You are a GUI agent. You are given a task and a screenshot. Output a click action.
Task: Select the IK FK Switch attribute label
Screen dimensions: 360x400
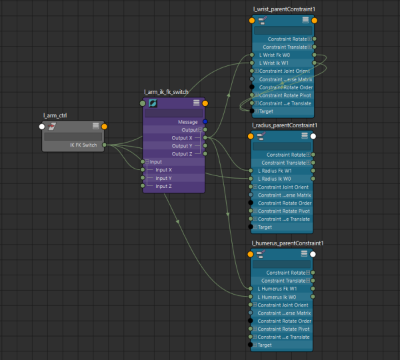tap(85, 145)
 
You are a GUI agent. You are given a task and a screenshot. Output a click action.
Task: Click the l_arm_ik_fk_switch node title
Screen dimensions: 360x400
tap(166, 92)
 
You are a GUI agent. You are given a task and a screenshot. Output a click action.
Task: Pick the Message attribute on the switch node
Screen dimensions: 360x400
tap(188, 121)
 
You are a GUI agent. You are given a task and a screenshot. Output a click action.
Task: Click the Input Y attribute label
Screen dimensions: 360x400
tap(164, 178)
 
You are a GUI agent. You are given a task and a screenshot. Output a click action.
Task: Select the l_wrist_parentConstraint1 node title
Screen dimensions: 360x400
tap(283, 9)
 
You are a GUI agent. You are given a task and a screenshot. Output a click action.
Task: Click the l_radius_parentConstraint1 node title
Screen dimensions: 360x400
tap(285, 125)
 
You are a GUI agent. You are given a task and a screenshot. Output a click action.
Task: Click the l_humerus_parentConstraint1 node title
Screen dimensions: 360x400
tap(287, 243)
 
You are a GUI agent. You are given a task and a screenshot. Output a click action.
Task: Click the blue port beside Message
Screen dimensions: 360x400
tap(205, 121)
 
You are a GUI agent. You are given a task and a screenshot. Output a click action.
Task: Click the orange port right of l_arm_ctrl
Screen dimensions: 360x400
tap(105, 126)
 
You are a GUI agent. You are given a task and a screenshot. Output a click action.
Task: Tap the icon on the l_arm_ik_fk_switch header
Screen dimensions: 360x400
tap(153, 103)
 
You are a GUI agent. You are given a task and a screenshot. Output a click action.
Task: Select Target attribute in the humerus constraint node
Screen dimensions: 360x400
tap(265, 345)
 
